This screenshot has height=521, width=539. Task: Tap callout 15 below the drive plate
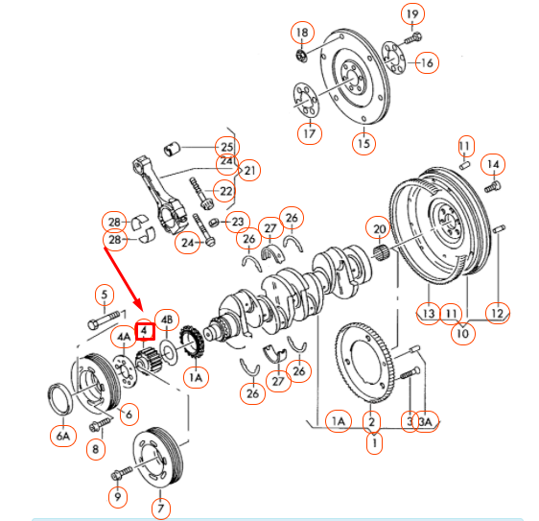pos(363,144)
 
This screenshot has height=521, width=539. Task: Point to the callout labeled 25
pos(225,147)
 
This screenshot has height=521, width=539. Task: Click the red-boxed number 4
pos(144,331)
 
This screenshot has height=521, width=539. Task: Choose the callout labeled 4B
pos(168,320)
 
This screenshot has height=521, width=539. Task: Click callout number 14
pos(493,164)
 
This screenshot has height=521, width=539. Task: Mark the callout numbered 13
pos(427,314)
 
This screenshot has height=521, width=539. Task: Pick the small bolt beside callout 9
pos(122,474)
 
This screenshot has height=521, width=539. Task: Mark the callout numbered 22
pos(225,191)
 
